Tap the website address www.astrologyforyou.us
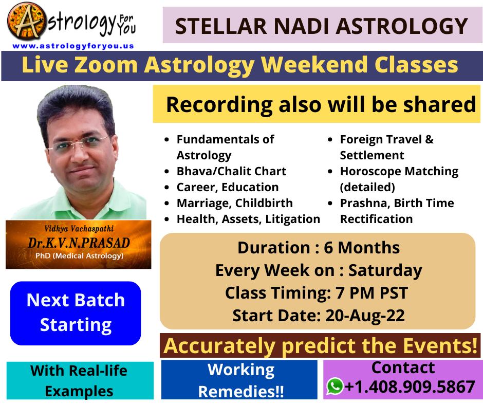(73, 46)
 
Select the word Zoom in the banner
(106, 65)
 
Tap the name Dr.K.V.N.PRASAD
(79, 243)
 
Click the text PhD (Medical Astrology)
(80, 256)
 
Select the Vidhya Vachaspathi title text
(79, 229)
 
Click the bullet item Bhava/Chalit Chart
(231, 171)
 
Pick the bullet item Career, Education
(228, 188)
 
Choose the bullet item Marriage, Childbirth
(235, 204)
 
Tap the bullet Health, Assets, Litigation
(248, 219)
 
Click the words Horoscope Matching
(399, 172)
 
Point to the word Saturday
(385, 271)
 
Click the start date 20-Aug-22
(365, 316)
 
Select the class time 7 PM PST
(372, 293)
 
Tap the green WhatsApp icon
(335, 386)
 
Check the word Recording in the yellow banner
(219, 105)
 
